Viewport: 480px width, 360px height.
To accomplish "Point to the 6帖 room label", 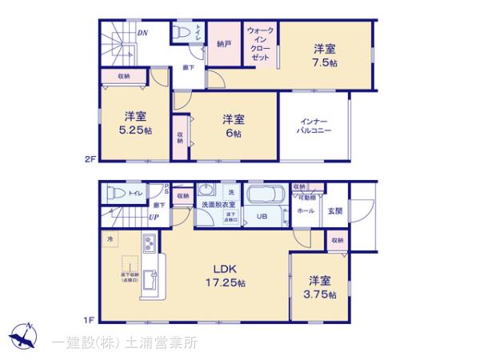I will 233,126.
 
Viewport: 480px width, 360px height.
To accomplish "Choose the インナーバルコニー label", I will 314,123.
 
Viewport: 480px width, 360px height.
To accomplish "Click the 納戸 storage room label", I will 223,44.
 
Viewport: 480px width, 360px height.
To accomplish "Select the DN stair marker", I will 142,33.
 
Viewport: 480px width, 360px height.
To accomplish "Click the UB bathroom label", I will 261,216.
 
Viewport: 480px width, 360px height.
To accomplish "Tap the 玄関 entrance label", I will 334,210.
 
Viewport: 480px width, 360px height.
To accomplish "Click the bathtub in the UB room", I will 265,195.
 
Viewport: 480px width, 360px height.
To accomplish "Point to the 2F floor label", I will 90,159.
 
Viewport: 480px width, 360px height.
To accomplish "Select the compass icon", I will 24,337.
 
